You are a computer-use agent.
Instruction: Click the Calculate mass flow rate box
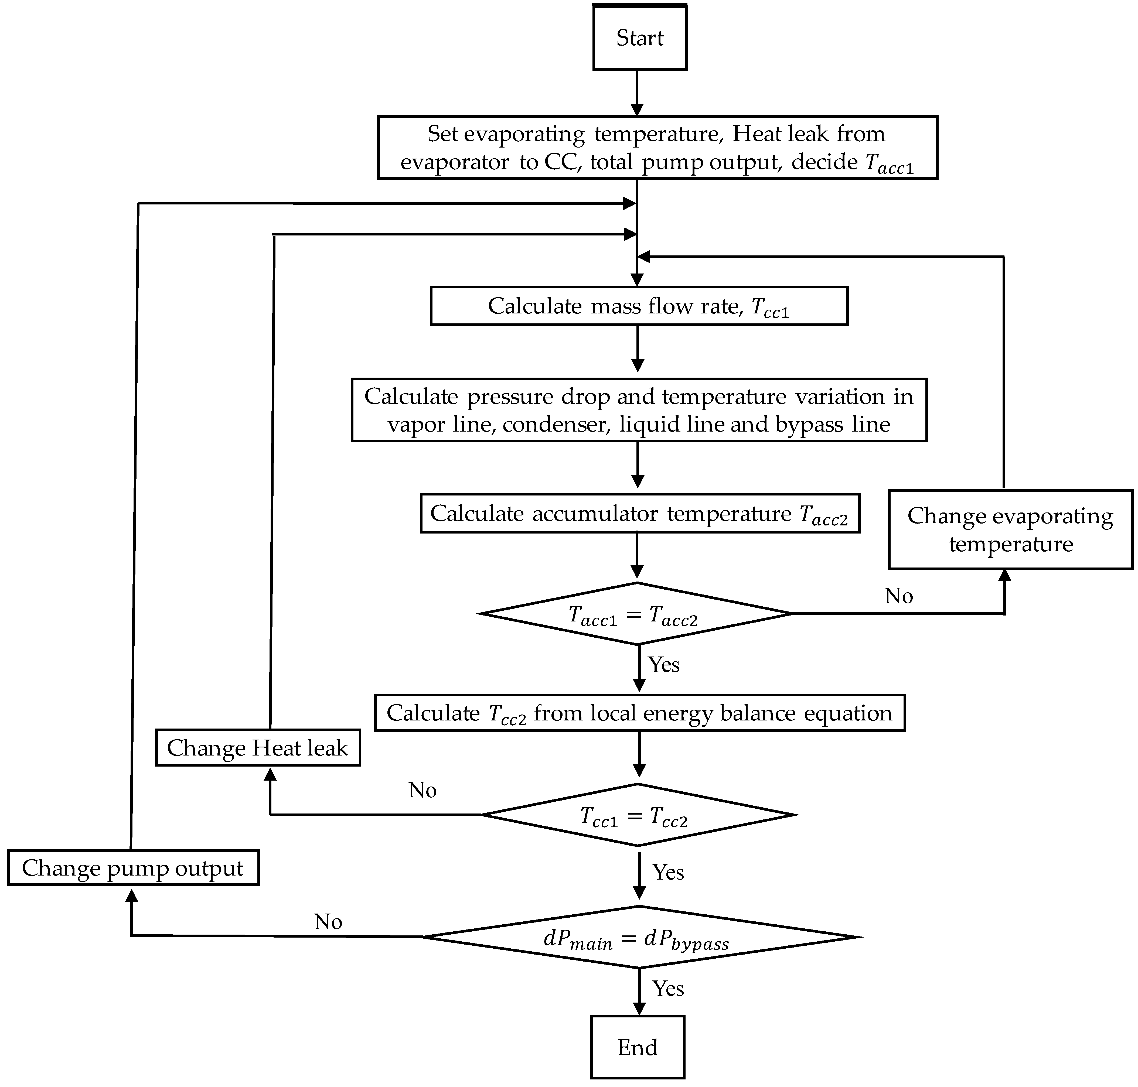click(x=639, y=306)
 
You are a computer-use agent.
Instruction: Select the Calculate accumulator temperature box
click(x=639, y=513)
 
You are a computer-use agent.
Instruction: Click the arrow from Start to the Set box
click(x=637, y=93)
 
